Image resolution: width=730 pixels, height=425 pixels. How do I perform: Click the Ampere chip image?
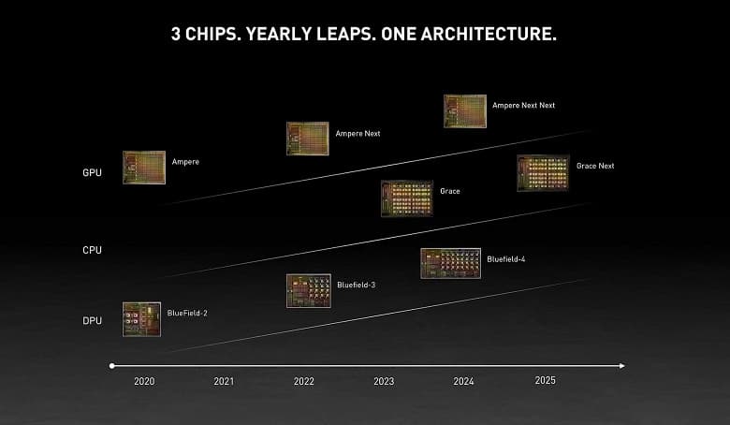tap(144, 168)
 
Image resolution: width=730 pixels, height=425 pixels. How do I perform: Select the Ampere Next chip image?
tap(307, 139)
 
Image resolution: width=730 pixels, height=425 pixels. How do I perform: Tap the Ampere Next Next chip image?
tap(464, 110)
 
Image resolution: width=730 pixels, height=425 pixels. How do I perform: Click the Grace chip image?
tap(406, 198)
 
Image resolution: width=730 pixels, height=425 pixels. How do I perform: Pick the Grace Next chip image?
tap(543, 173)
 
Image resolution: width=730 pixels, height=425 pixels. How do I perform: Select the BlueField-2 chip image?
tap(141, 319)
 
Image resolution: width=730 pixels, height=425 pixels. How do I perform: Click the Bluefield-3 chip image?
tap(308, 290)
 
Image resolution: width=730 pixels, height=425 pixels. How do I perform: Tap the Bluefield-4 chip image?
tap(450, 263)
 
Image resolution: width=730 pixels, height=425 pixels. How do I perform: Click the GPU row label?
tap(92, 173)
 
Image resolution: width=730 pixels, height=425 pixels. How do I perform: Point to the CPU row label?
tap(92, 250)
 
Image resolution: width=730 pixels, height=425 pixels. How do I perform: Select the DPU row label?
tap(92, 322)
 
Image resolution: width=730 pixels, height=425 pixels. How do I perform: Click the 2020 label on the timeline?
tap(144, 382)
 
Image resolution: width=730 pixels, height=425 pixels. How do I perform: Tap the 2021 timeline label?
tap(224, 382)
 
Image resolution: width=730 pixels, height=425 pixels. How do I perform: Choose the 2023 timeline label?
tap(384, 382)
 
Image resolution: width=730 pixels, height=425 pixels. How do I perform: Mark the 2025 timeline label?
tap(545, 381)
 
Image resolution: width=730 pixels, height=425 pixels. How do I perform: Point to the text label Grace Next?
tap(595, 166)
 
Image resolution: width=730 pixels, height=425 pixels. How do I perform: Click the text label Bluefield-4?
tap(505, 258)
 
